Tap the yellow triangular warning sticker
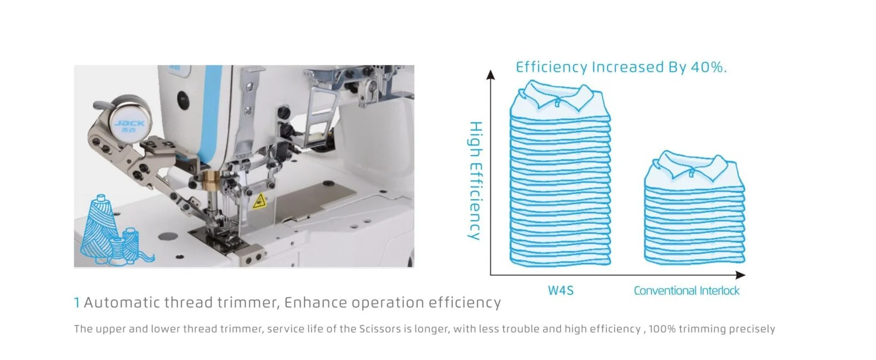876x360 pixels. pyautogui.click(x=259, y=201)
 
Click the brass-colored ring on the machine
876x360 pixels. pyautogui.click(x=213, y=180)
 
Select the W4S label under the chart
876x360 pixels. pyautogui.click(x=561, y=291)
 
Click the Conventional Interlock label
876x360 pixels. pyautogui.click(x=686, y=291)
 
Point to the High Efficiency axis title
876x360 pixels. pyautogui.click(x=476, y=180)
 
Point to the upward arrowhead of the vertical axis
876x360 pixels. pyautogui.click(x=490, y=74)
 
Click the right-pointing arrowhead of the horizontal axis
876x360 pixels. pyautogui.click(x=741, y=275)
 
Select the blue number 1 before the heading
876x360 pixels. pyautogui.click(x=77, y=302)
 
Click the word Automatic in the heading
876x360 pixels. pyautogui.click(x=122, y=302)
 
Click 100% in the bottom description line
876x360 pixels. pyautogui.click(x=662, y=329)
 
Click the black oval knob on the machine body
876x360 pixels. pyautogui.click(x=183, y=100)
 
